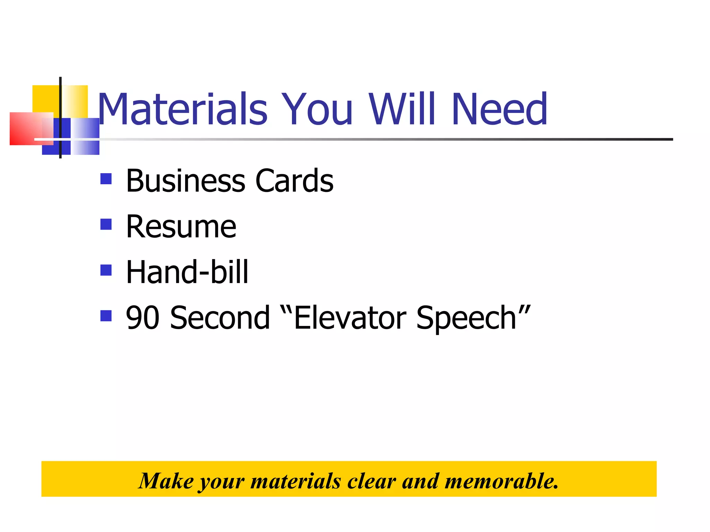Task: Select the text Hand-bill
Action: coord(187,272)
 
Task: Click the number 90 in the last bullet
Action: coord(142,318)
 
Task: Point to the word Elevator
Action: coord(350,318)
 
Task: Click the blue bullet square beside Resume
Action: coord(106,224)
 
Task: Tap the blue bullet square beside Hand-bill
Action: coord(106,270)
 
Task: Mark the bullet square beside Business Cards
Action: coord(106,179)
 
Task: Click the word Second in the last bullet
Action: coord(220,318)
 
